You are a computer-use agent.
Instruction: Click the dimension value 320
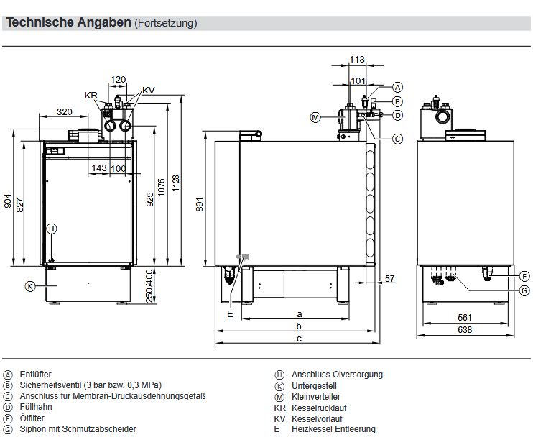[x=65, y=111]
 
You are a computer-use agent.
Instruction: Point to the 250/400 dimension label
[x=149, y=287]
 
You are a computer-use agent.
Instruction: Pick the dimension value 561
[x=465, y=317]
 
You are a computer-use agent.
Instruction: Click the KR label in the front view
[x=91, y=95]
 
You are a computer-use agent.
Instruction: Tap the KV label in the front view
[x=148, y=90]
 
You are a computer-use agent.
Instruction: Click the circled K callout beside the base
[x=30, y=286]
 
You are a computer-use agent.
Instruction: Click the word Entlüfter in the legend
[x=36, y=375]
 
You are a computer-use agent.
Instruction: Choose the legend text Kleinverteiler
[x=315, y=396]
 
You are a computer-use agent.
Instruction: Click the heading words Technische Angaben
[x=68, y=23]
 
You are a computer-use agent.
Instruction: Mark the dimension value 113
[x=357, y=59]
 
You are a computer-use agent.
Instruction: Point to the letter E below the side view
[x=230, y=313]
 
